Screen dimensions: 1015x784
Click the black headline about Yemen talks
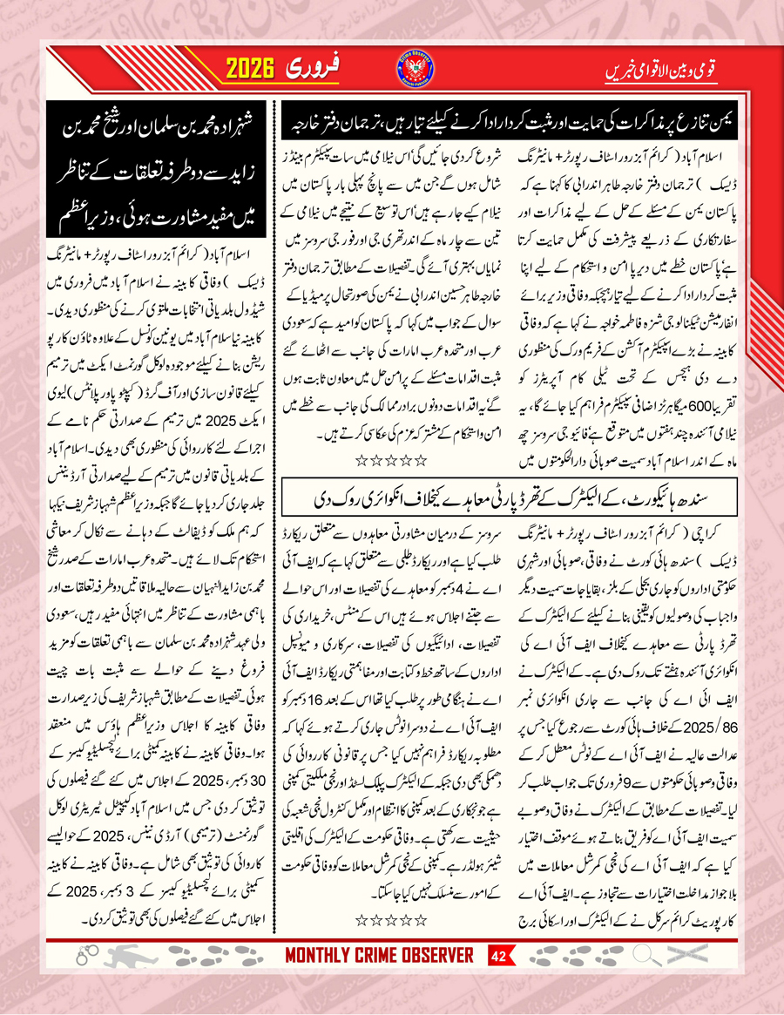(x=506, y=132)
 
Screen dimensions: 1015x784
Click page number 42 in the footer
(x=499, y=979)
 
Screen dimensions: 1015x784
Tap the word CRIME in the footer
(x=389, y=979)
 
